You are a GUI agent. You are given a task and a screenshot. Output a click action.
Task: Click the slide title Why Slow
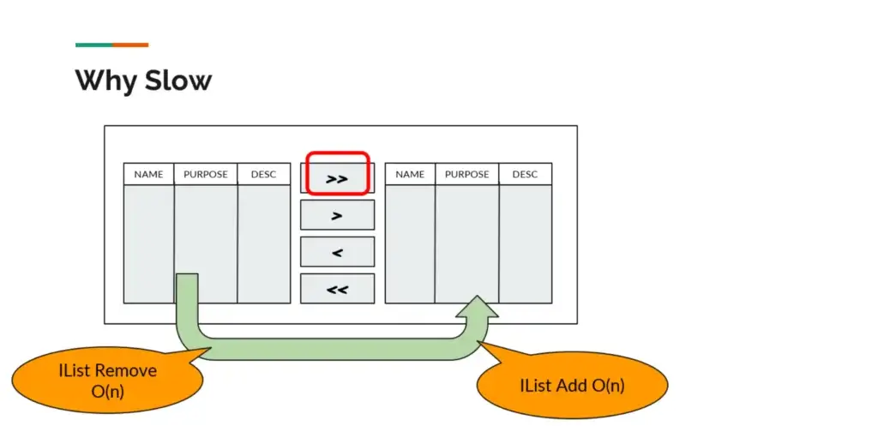click(143, 81)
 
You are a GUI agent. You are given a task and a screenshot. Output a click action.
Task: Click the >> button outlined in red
click(337, 179)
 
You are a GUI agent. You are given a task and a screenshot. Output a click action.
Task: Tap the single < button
click(337, 252)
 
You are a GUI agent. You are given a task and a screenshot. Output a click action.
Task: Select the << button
click(337, 289)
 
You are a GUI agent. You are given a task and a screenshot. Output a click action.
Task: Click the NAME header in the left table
click(149, 174)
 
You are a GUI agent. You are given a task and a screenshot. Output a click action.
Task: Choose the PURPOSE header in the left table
click(206, 174)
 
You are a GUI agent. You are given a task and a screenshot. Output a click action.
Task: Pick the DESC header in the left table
click(264, 174)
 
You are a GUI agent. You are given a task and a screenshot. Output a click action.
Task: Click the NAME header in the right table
click(410, 174)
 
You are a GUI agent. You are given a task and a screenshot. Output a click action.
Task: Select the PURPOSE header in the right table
click(467, 174)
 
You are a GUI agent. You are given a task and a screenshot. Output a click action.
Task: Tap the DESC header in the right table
click(526, 174)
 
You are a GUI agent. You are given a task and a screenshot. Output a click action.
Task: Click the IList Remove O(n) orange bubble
click(107, 380)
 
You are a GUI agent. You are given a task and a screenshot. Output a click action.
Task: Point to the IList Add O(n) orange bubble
click(572, 385)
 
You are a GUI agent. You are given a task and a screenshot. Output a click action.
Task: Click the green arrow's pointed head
click(477, 296)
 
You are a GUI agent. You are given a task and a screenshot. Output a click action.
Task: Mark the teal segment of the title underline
click(93, 45)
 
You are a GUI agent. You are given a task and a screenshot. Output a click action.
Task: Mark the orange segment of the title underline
click(130, 45)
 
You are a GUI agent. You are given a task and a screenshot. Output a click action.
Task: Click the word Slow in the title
click(178, 81)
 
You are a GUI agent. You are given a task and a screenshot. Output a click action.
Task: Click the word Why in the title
click(105, 81)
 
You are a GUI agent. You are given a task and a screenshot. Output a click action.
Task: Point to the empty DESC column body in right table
click(526, 244)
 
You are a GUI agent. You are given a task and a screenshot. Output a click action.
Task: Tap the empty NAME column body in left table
click(149, 244)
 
